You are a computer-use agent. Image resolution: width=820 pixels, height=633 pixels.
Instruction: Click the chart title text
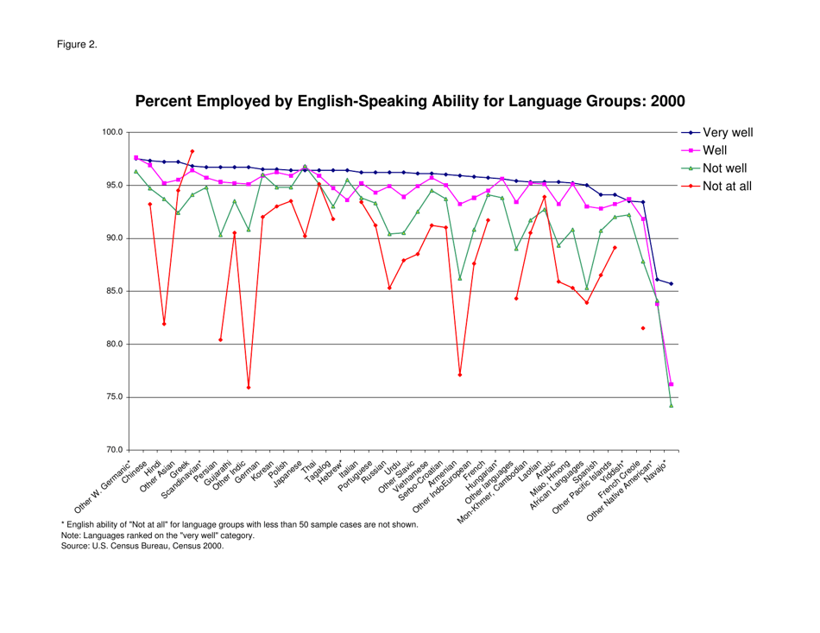[x=410, y=102]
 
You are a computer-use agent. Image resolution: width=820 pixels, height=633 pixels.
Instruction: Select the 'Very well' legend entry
[x=728, y=133]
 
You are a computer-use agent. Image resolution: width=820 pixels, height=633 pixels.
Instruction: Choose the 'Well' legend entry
[x=718, y=151]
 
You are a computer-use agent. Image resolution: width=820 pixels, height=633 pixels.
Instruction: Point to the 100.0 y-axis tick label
[x=113, y=132]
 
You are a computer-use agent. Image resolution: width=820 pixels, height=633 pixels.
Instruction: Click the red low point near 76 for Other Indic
[x=249, y=388]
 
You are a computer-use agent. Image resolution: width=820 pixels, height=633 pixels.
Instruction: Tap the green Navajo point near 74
[x=671, y=405]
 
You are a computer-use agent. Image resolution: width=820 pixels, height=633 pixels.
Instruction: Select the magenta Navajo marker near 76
[x=671, y=384]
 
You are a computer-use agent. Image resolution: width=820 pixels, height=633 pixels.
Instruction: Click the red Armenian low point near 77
[x=460, y=375]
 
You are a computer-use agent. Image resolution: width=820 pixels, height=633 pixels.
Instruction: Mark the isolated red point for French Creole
[x=642, y=328]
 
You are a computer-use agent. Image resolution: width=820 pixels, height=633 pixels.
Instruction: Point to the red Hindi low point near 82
[x=164, y=324]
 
